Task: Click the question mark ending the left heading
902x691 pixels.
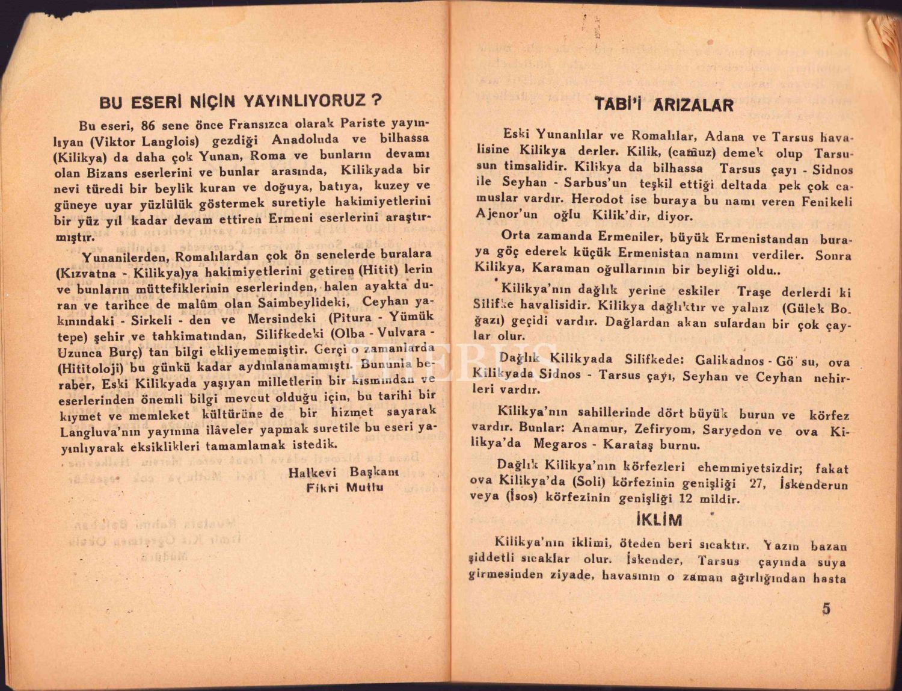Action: [x=376, y=99]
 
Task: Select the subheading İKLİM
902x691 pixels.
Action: [x=659, y=520]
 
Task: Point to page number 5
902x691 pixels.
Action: [x=826, y=609]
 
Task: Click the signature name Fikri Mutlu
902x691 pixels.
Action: [x=345, y=487]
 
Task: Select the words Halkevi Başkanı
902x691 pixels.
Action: [x=343, y=472]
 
